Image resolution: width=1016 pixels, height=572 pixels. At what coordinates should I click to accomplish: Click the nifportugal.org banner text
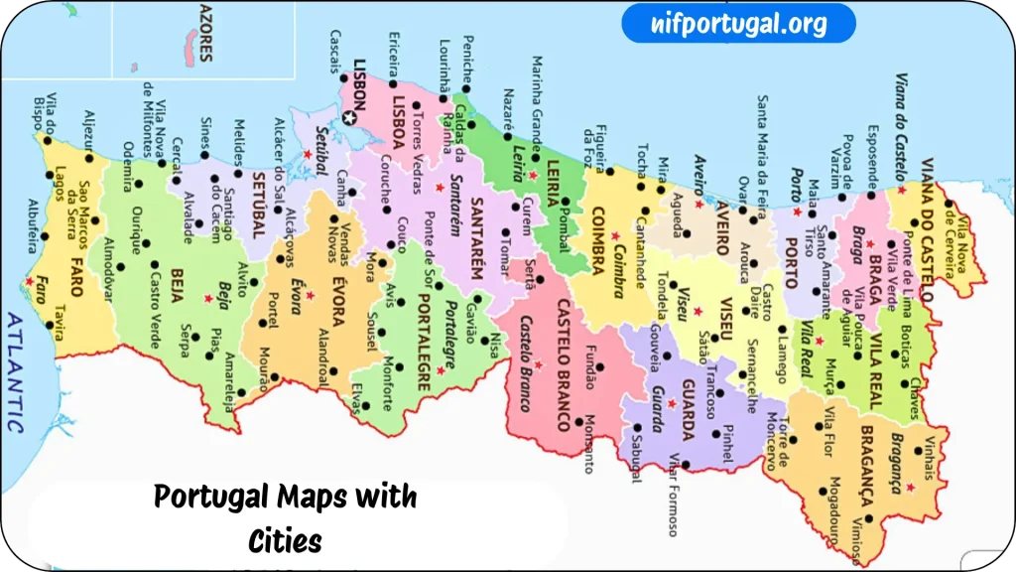click(738, 23)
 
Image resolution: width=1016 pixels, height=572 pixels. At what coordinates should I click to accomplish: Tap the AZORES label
click(205, 31)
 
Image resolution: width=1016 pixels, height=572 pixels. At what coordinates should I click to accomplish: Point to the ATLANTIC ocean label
click(15, 372)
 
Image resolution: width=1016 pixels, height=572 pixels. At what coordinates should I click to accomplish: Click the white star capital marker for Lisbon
click(349, 118)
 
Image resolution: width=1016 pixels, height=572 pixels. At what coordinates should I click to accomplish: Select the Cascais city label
click(334, 51)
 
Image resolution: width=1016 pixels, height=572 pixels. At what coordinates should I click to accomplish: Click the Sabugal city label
click(636, 458)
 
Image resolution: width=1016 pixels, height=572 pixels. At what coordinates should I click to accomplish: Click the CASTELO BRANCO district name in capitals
click(564, 364)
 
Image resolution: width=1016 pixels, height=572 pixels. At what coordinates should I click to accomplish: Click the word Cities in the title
click(286, 542)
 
